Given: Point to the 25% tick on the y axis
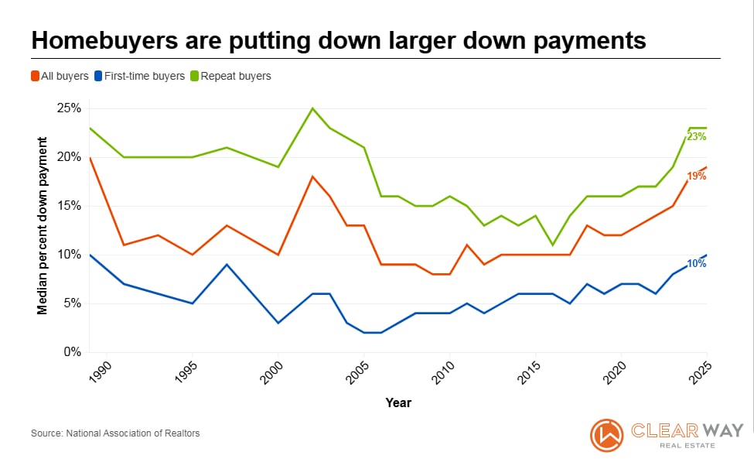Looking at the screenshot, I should pos(69,108).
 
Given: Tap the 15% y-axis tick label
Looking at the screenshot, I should pos(69,206).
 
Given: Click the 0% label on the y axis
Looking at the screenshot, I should pos(72,352).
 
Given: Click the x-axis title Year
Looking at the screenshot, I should pos(398,402).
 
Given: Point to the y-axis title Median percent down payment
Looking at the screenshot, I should pos(43,226).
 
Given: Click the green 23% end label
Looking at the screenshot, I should pos(697,137).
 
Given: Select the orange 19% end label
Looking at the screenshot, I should pos(697,176).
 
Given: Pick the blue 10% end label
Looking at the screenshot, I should pos(697,264).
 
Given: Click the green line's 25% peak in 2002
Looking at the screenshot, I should pos(312,108).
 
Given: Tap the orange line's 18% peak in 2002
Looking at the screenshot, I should pos(312,176).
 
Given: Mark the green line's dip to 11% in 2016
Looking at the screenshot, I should pos(553,245).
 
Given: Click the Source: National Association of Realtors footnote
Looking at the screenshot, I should pos(115,433).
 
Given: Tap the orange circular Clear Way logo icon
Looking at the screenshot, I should pos(606,435).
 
